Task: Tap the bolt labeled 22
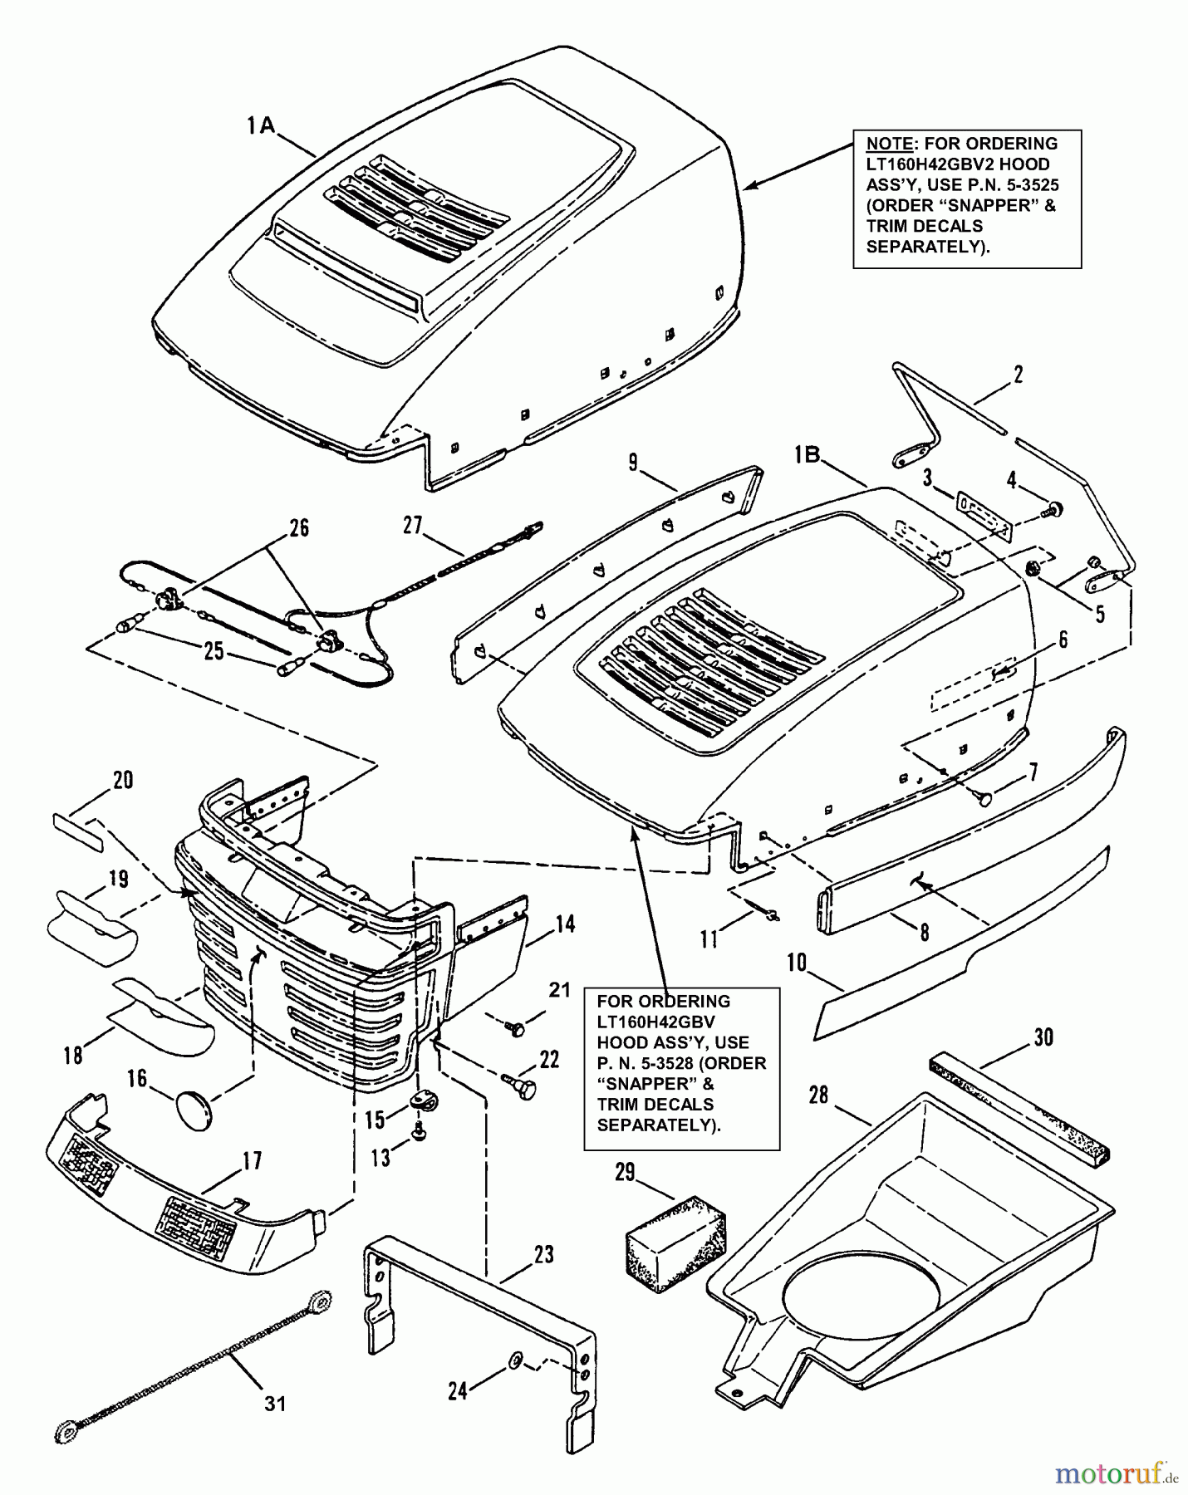[523, 1085]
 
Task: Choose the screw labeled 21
[514, 1029]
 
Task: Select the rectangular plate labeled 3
[984, 517]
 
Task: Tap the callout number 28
[818, 1095]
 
